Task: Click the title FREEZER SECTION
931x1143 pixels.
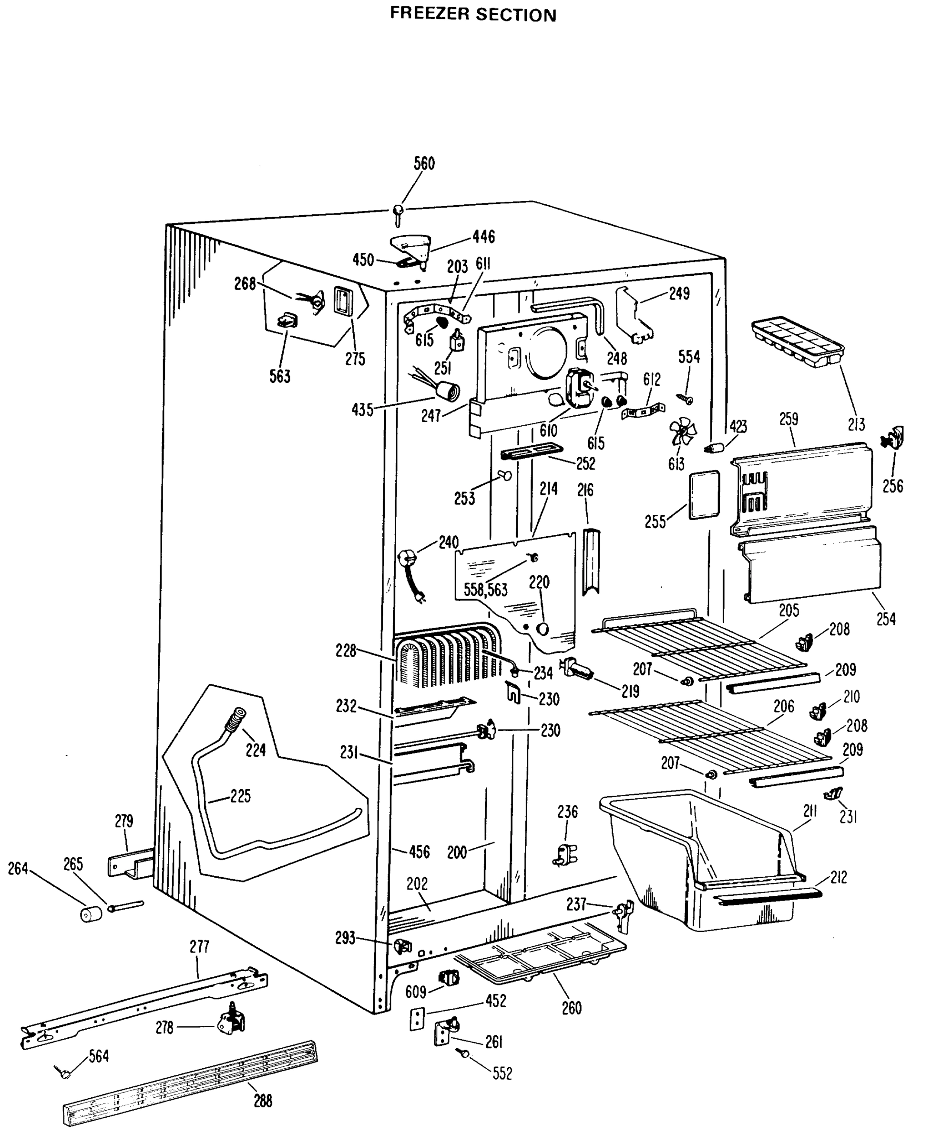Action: pos(472,14)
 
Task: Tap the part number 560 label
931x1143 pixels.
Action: pos(424,163)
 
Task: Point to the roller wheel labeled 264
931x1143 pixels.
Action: pos(91,913)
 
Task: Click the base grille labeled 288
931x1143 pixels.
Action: pos(191,1082)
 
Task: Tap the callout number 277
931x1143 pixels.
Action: pos(199,947)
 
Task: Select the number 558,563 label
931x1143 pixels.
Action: pos(485,590)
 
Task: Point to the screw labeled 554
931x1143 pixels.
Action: pos(685,398)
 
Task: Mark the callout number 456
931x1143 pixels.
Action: pos(419,852)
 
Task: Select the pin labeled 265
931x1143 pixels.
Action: pos(126,906)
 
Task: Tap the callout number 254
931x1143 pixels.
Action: pos(885,619)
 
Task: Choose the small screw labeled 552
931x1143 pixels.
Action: pos(463,1053)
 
